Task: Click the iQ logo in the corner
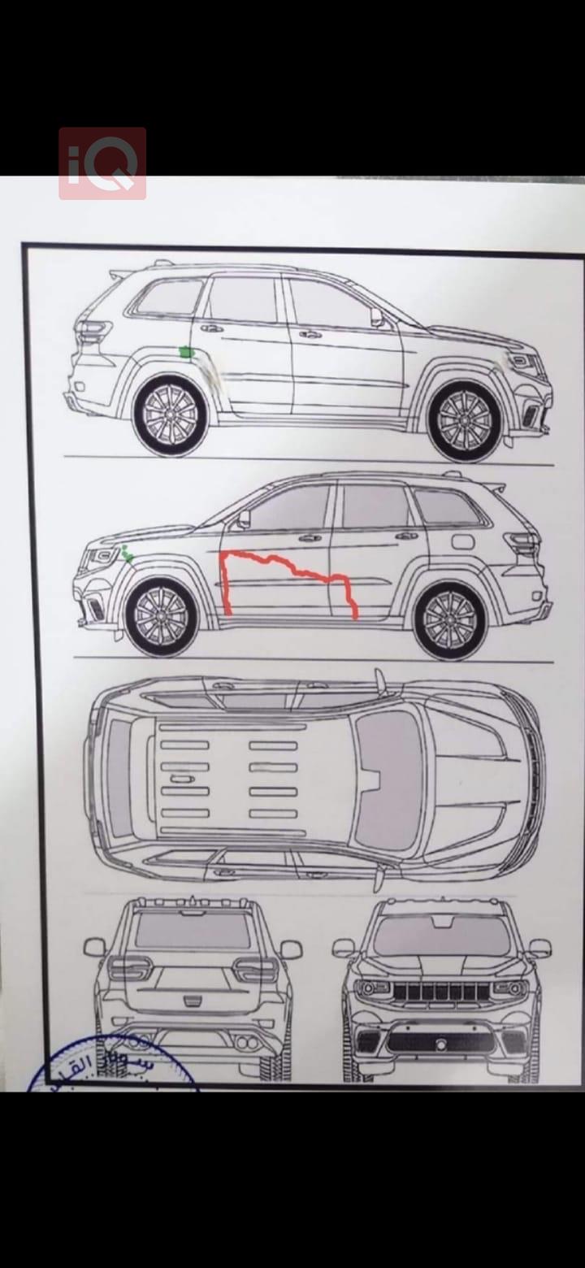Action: click(x=102, y=163)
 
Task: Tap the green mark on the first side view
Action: click(x=186, y=352)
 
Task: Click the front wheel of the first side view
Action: click(x=465, y=420)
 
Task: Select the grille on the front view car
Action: click(x=441, y=992)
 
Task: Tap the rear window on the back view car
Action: click(x=193, y=930)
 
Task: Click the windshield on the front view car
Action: click(x=442, y=935)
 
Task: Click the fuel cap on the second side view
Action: click(x=462, y=541)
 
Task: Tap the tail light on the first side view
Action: click(x=93, y=331)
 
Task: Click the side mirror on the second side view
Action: click(x=242, y=519)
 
